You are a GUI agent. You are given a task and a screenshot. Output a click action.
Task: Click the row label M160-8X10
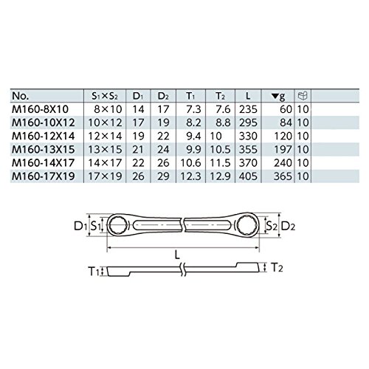[40, 109]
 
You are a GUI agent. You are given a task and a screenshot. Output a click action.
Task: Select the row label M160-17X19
[44, 176]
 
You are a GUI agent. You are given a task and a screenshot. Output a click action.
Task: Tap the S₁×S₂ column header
[105, 96]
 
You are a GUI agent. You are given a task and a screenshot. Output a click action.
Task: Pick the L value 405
[248, 176]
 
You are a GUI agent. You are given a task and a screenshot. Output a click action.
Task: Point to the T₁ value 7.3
[193, 109]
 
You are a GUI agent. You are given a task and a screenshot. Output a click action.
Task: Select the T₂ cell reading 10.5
[220, 149]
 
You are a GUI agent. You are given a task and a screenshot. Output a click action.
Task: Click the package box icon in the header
[303, 96]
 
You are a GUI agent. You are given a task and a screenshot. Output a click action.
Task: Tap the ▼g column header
[278, 96]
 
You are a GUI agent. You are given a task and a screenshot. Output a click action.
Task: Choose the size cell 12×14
[105, 136]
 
